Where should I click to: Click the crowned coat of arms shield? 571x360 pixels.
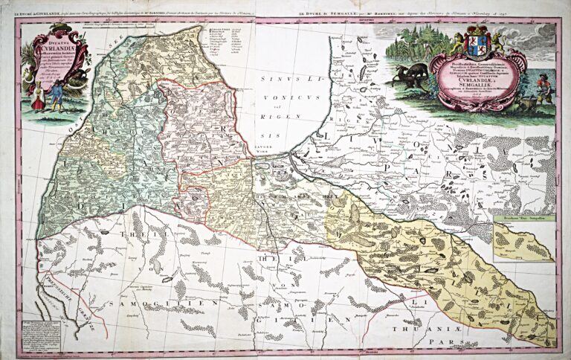pyautogui.click(x=476, y=45)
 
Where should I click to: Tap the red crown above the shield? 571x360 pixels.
pyautogui.click(x=476, y=30)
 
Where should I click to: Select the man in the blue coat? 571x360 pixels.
pyautogui.click(x=56, y=97)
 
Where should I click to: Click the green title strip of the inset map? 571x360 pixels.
pyautogui.click(x=520, y=221)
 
